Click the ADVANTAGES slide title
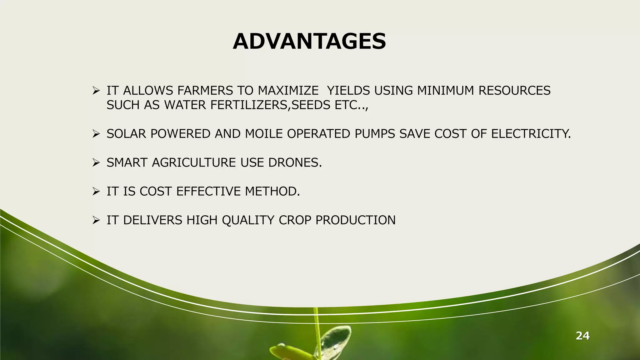coord(309,42)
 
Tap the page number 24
coord(582,336)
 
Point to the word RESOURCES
coord(514,91)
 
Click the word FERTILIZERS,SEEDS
coord(270,105)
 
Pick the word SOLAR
coord(126,134)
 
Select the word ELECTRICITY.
coord(531,134)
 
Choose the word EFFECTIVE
coord(208,191)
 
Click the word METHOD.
coord(272,191)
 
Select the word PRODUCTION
coord(355,220)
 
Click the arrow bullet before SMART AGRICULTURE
coord(96,163)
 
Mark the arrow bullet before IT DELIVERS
coord(96,220)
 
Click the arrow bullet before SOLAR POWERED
coord(96,134)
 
